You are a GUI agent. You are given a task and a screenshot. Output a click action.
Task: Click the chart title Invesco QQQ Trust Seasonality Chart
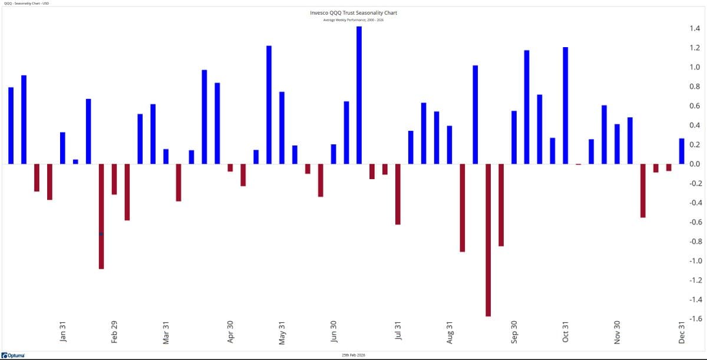[353, 12]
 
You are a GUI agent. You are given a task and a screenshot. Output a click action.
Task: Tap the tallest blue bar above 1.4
[359, 94]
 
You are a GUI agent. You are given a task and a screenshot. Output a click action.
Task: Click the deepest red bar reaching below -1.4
[488, 240]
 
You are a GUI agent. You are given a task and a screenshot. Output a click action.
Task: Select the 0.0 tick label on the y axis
[694, 164]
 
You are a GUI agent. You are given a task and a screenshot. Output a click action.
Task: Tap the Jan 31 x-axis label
[63, 331]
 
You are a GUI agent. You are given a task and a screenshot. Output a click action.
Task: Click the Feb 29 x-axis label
[114, 331]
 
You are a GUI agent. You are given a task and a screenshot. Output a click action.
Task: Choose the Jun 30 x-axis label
[333, 331]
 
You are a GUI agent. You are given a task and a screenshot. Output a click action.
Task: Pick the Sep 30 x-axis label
[514, 331]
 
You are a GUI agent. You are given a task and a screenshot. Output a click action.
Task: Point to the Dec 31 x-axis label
[682, 331]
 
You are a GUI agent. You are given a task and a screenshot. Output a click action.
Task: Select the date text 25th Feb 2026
[353, 355]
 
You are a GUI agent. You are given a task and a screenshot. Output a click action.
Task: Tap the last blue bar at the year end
[682, 151]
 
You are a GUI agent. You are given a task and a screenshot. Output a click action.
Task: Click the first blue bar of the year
[11, 125]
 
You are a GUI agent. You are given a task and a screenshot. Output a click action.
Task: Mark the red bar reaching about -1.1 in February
[101, 216]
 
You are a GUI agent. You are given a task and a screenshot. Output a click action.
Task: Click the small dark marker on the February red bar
[101, 234]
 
